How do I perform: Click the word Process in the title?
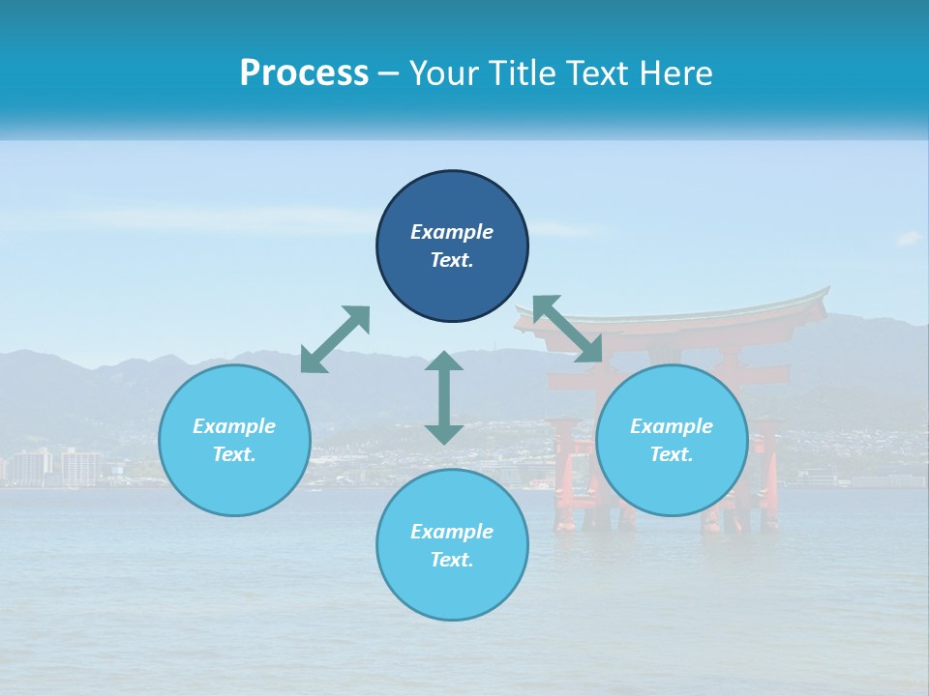(x=304, y=73)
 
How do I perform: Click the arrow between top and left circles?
(x=335, y=338)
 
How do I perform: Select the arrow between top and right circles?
(x=567, y=329)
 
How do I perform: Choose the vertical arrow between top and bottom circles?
(x=444, y=397)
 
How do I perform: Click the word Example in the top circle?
(x=452, y=232)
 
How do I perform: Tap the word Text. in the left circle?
(x=234, y=454)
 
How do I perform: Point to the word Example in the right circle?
(x=672, y=426)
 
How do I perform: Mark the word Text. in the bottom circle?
(x=452, y=560)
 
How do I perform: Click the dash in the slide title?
(x=388, y=73)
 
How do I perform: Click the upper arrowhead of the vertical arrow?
(x=444, y=362)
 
